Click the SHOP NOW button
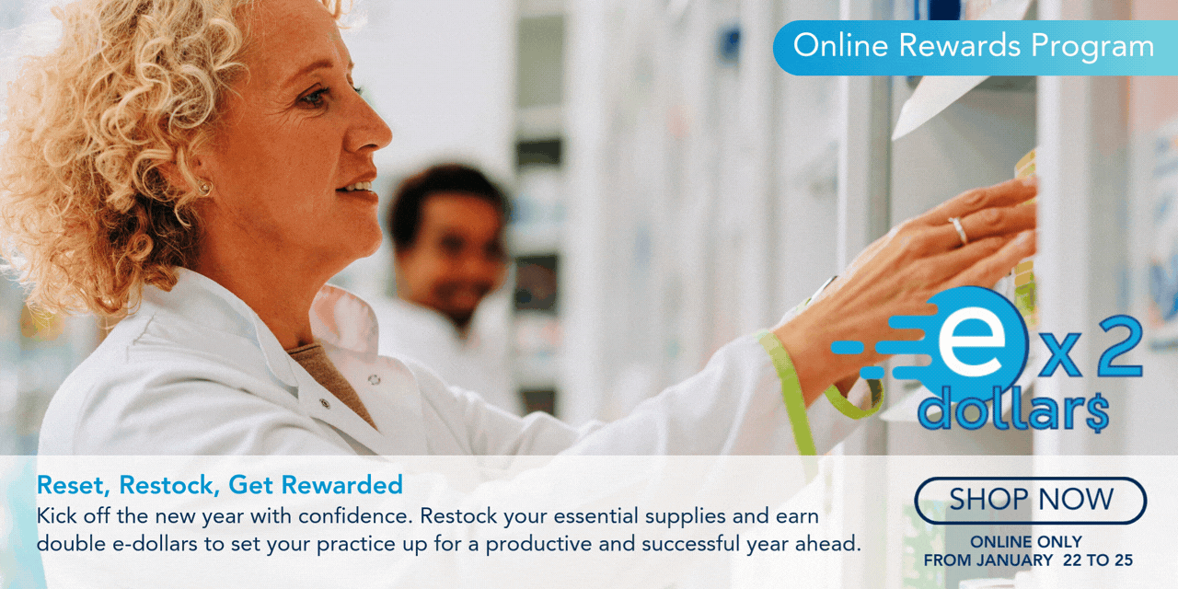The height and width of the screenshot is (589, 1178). (x=1030, y=500)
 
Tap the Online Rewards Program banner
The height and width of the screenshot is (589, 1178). (x=976, y=48)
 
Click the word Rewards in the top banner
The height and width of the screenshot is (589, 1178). (x=960, y=45)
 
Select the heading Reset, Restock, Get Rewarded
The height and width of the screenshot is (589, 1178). (x=219, y=485)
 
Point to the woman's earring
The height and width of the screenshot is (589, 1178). (x=204, y=187)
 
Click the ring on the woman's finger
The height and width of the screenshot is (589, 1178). (x=959, y=231)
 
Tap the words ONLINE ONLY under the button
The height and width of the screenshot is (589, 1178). (x=1026, y=542)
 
